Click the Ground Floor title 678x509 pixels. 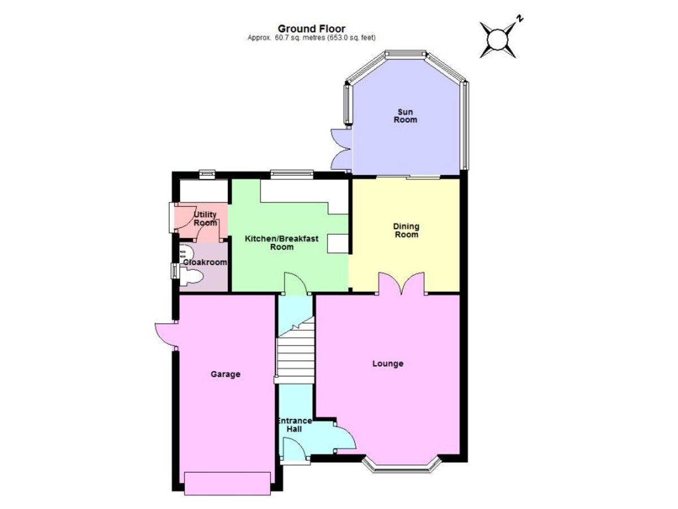(311, 28)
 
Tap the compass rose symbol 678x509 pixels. (498, 40)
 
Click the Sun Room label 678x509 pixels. (405, 116)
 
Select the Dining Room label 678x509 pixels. (406, 230)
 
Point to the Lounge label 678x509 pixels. (388, 364)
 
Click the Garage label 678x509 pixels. (225, 374)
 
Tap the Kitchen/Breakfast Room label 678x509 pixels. (281, 243)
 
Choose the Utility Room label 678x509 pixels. (205, 219)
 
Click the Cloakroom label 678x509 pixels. (205, 262)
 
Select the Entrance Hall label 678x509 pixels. (294, 425)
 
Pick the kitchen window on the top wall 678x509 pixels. (292, 173)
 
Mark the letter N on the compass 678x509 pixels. (520, 18)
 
